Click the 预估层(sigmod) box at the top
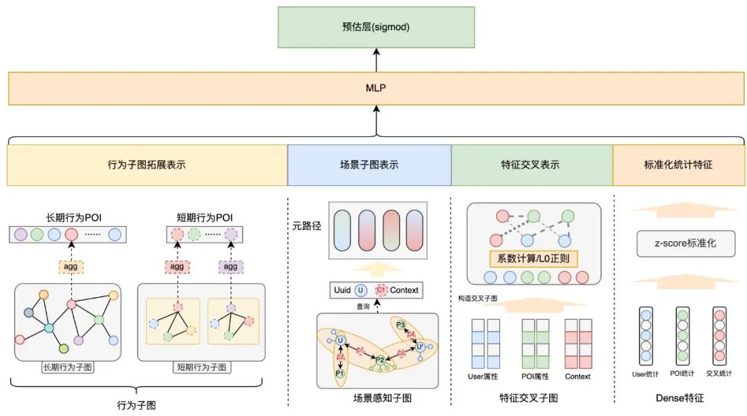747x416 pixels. click(x=376, y=28)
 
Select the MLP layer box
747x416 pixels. click(x=376, y=88)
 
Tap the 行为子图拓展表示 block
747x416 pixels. click(x=147, y=165)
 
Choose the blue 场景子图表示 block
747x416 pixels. click(x=369, y=165)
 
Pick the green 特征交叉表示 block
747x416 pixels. click(x=532, y=165)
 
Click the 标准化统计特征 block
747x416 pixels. click(x=678, y=165)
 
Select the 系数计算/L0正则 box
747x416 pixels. click(x=533, y=260)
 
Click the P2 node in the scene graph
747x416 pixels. click(x=380, y=359)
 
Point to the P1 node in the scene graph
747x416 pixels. click(x=340, y=373)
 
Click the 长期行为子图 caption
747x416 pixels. click(x=67, y=367)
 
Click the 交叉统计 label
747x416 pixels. click(x=719, y=374)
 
